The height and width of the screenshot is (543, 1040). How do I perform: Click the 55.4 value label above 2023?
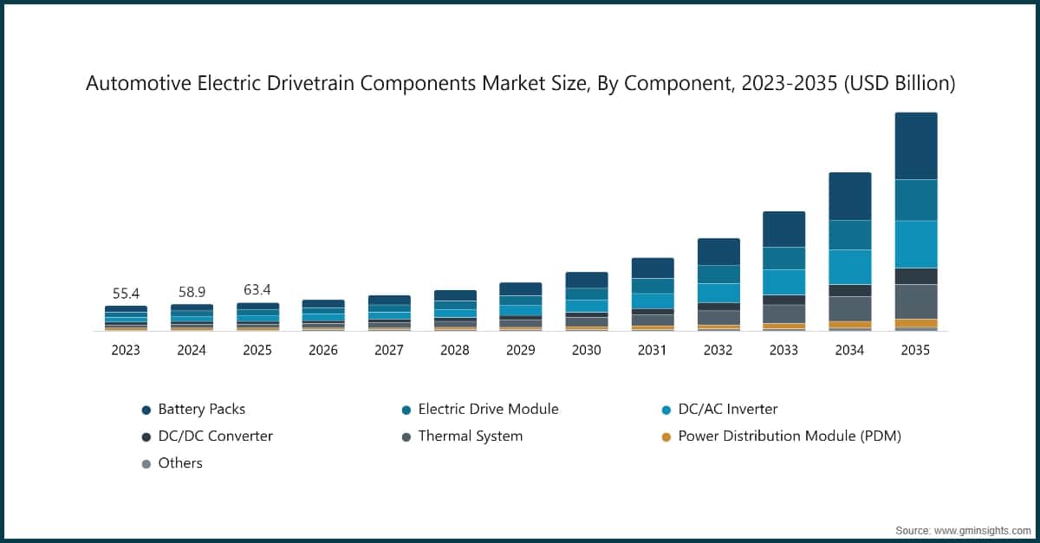[126, 294]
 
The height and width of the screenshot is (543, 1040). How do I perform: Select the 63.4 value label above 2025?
[257, 289]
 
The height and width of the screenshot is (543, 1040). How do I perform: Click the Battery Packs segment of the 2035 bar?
[916, 145]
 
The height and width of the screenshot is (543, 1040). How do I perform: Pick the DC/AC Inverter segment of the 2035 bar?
[916, 244]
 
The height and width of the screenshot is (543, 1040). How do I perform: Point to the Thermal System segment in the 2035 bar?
[916, 301]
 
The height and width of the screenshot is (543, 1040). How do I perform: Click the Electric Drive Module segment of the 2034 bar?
[850, 235]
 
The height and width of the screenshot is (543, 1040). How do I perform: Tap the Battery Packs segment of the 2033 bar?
[784, 229]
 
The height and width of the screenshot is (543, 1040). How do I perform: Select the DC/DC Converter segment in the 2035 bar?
[916, 276]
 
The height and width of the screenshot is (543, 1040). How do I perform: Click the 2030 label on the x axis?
[587, 350]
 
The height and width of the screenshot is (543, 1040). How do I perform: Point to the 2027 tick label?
[389, 350]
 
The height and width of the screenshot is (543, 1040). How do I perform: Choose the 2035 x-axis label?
[916, 350]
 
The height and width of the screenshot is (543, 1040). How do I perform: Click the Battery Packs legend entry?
[201, 409]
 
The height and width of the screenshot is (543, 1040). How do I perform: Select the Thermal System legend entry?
[470, 436]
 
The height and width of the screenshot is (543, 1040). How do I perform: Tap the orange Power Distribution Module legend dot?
[666, 436]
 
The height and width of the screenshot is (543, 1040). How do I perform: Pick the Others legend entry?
[179, 462]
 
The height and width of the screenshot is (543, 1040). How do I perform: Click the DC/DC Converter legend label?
[215, 436]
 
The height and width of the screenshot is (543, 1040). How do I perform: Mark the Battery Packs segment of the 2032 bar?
[718, 252]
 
